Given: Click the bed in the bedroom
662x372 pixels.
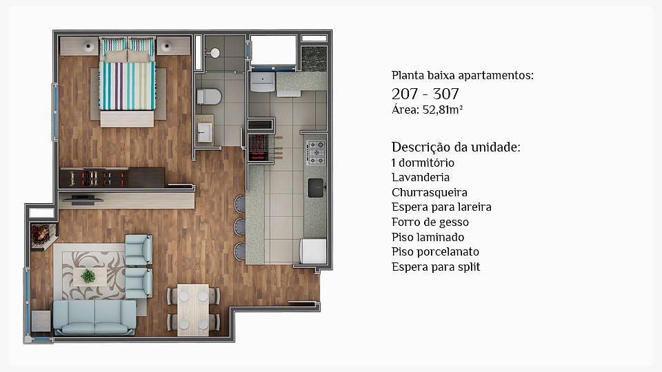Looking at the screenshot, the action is point(127,82).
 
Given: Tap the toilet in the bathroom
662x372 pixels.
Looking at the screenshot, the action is point(209,96).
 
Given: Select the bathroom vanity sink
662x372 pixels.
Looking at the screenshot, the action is point(205,132).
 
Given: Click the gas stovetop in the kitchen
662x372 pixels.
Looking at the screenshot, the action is point(316,152).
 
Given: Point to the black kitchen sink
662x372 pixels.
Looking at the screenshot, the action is point(316,188).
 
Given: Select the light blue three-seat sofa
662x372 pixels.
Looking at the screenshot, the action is point(94,317).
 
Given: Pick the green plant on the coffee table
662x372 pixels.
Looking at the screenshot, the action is point(88,276).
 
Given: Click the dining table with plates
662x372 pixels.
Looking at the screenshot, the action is point(193,309).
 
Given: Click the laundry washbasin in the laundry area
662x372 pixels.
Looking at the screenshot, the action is point(263,81).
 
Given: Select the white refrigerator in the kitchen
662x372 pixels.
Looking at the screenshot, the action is point(313,251).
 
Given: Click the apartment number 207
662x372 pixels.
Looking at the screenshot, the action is point(405,94).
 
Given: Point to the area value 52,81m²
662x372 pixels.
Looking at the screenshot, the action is point(443,110).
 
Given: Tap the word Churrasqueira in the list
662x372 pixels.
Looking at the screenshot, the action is point(430,193).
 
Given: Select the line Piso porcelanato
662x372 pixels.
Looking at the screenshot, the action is point(435,252).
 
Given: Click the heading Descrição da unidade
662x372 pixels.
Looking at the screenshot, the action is point(456,147).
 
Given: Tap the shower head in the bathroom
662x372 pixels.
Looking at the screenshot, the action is point(214,53).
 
